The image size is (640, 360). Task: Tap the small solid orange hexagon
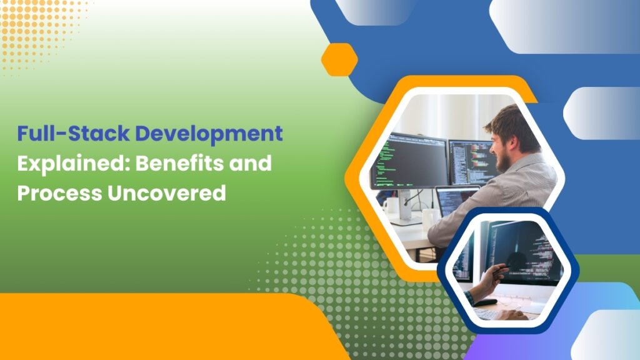click(339, 59)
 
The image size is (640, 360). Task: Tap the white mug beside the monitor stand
click(390, 206)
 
